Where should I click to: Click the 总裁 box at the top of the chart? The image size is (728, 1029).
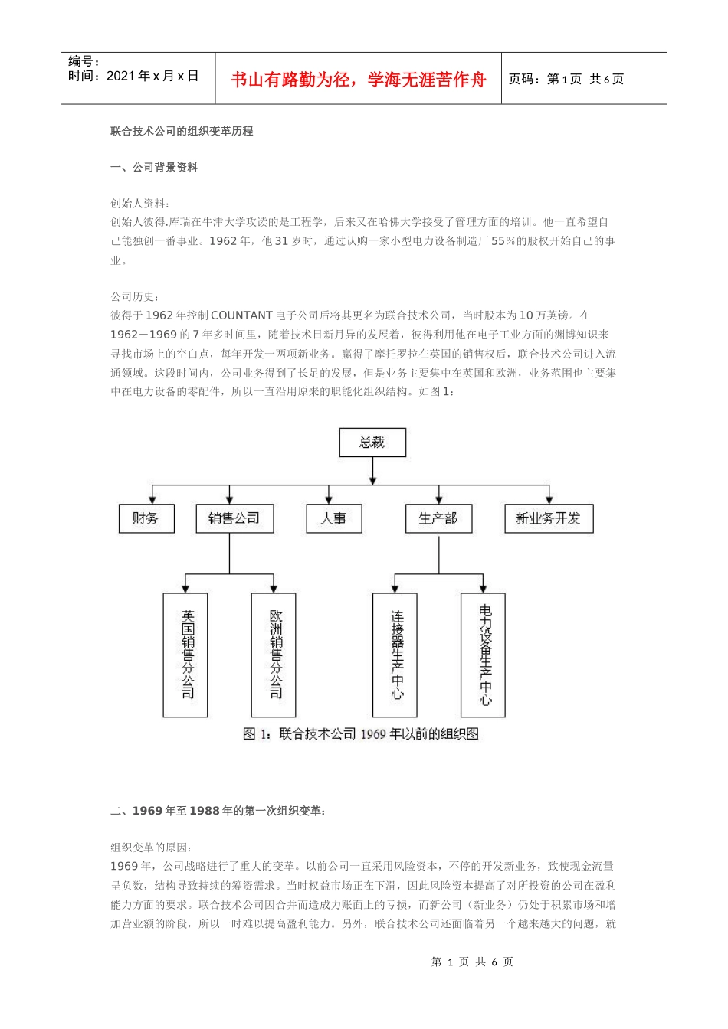(372, 443)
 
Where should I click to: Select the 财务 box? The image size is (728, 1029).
(146, 518)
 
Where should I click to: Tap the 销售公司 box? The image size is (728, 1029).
(234, 518)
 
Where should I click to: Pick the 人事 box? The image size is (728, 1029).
(333, 518)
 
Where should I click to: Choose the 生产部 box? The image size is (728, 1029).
(438, 518)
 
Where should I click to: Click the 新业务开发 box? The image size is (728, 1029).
(548, 518)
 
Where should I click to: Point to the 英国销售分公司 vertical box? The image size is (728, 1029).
(185, 655)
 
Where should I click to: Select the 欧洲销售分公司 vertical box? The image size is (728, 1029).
(274, 655)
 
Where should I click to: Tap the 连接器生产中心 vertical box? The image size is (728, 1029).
(395, 655)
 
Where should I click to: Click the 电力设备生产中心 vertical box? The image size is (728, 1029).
(483, 655)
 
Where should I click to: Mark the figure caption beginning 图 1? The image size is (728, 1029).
(360, 734)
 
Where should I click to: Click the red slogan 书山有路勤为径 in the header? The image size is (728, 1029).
(359, 80)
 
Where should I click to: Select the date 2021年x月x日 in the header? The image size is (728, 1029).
(152, 76)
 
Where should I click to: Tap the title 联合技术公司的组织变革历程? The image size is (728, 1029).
(182, 131)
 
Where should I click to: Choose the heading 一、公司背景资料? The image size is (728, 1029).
(154, 167)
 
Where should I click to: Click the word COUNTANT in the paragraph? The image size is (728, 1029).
(241, 315)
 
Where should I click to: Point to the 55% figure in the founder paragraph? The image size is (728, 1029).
(503, 240)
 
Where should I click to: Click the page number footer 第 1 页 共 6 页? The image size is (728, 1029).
(472, 962)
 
